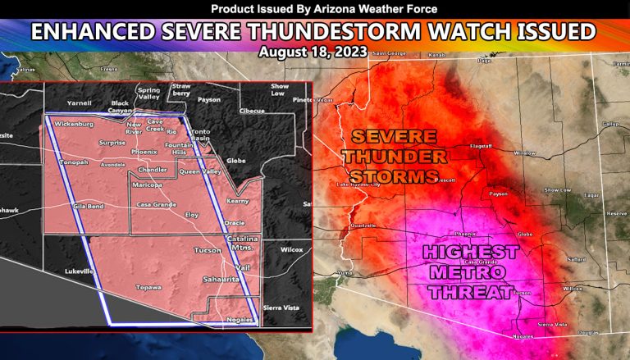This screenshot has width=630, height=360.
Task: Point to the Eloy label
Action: click(x=192, y=214)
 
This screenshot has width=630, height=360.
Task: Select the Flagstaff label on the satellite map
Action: click(x=480, y=145)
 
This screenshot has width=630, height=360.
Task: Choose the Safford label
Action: click(x=575, y=259)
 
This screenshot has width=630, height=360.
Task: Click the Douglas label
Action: click(x=588, y=332)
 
